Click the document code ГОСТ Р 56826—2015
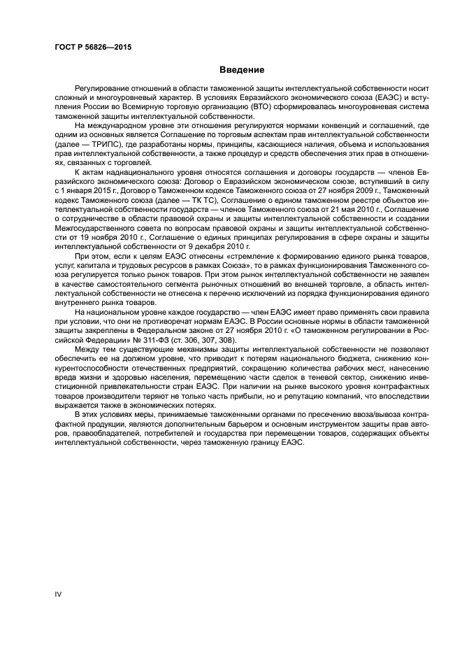pyautogui.click(x=93, y=48)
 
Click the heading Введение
pyautogui.click(x=242, y=70)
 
